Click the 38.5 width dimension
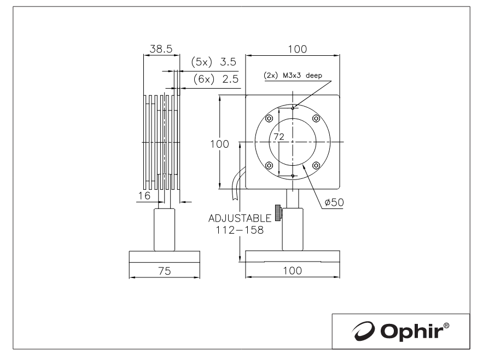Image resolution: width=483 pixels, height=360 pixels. point(161,49)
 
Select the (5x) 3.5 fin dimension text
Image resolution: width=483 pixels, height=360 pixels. point(213,62)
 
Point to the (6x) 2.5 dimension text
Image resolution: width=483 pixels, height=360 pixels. point(216,79)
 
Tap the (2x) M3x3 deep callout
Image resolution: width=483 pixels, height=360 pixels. point(293,75)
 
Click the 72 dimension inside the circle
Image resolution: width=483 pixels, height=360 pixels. point(279,137)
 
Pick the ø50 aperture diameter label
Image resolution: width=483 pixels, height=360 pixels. point(334,202)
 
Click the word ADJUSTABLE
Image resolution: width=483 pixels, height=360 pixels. point(240,218)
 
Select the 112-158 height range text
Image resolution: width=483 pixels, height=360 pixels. point(240,230)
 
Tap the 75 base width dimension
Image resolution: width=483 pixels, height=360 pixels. point(165,271)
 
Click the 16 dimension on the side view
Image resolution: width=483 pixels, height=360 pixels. point(144,195)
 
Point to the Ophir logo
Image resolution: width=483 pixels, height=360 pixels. point(400,331)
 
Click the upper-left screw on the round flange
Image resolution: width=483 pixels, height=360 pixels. point(269,118)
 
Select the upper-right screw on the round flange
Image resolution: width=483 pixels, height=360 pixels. point(316,118)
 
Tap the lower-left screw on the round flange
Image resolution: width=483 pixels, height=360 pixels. point(269,166)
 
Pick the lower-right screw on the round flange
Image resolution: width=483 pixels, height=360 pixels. point(316,166)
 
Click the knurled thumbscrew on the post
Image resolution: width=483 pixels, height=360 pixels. point(278,213)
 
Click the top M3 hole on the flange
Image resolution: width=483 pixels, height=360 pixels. point(293,108)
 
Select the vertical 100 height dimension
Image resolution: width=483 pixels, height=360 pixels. point(219,144)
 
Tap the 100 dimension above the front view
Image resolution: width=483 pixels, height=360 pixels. point(297,49)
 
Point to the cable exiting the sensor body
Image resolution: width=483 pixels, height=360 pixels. point(237,183)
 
